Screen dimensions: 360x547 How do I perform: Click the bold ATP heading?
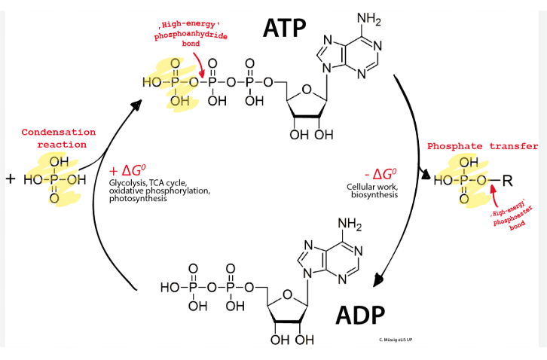284,28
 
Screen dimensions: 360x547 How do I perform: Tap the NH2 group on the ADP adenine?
350,225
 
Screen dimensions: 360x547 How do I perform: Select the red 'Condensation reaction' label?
58,139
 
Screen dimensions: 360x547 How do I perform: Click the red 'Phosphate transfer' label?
482,147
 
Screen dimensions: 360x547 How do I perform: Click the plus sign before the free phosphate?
11,179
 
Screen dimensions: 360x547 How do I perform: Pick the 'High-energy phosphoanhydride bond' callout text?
191,35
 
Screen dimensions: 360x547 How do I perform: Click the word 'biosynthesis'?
374,194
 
